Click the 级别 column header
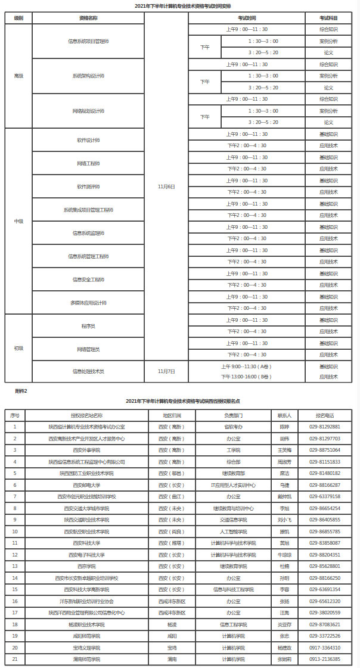[x=19, y=18]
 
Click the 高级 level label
[x=19, y=76]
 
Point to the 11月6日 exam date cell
[x=166, y=187]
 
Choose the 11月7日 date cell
[x=166, y=371]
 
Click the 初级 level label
[x=19, y=348]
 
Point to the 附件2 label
[x=21, y=391]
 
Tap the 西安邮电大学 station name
[x=86, y=485]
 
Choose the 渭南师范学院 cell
[x=86, y=659]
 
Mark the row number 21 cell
[x=15, y=659]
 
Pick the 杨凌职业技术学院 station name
[x=86, y=624]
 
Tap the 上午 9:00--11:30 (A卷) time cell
[x=246, y=366]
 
